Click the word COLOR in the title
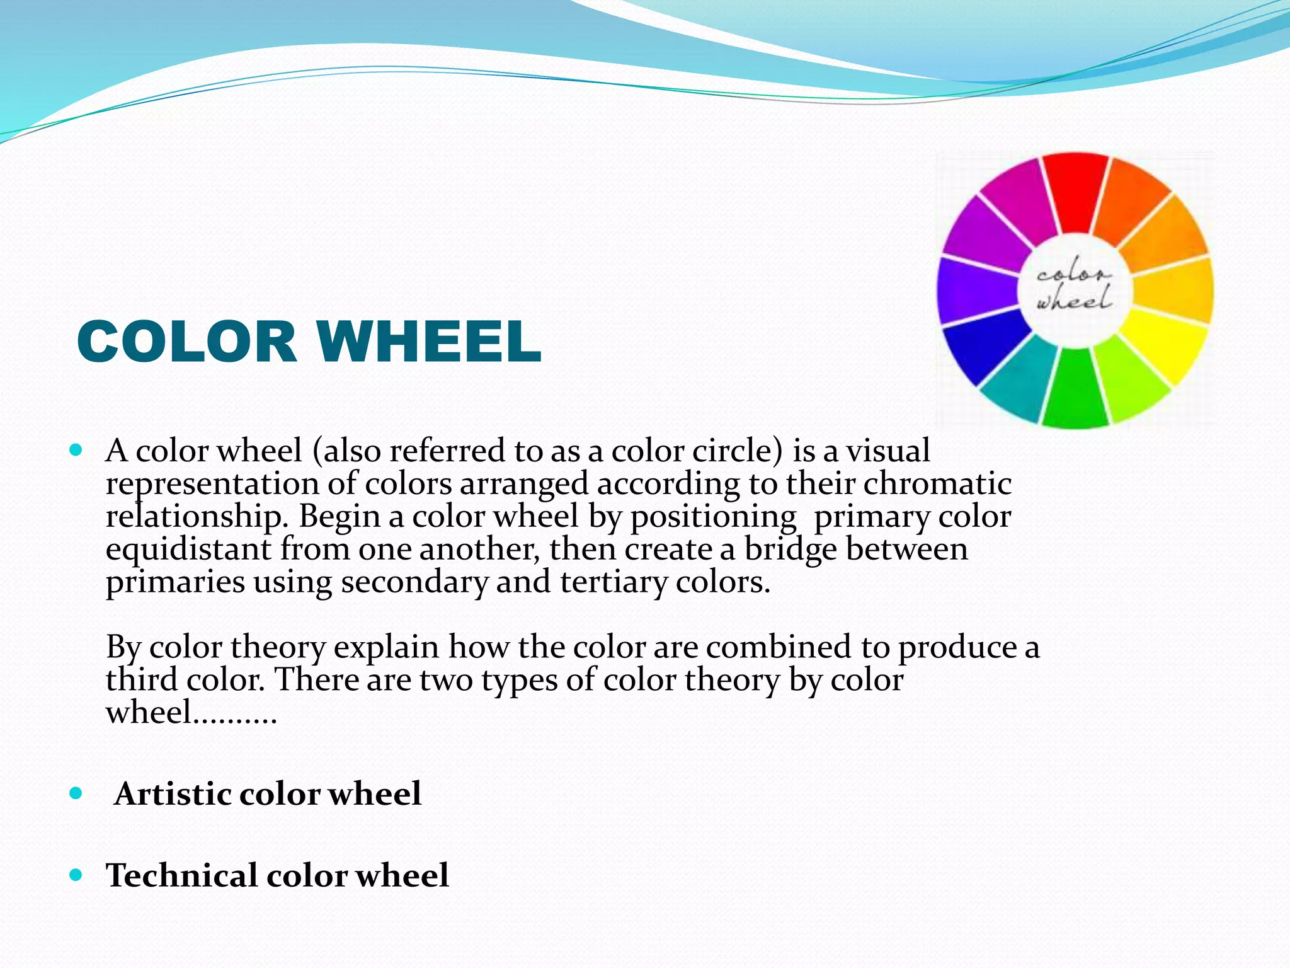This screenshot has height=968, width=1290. coord(186,342)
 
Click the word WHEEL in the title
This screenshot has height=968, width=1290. coord(428,342)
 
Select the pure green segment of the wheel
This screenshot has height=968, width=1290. coord(1075,391)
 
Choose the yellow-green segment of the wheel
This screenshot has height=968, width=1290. coord(1131,378)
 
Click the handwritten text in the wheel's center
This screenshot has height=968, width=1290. coord(1075,290)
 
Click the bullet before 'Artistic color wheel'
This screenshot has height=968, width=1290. coord(76,793)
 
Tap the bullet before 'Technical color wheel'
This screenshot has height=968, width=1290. coord(76,875)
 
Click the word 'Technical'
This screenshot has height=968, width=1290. coord(182,875)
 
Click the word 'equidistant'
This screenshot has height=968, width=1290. coord(188,549)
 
